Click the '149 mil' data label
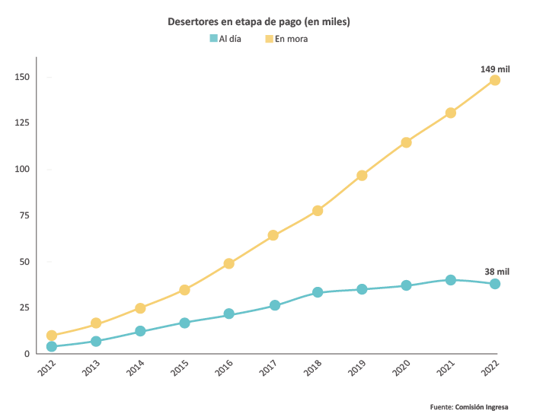click(x=495, y=69)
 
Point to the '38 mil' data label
click(x=497, y=272)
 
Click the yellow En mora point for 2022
click(x=495, y=80)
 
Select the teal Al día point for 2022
click(x=495, y=284)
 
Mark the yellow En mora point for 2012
click(x=52, y=336)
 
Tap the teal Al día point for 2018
click(x=318, y=292)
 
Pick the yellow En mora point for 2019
click(x=362, y=175)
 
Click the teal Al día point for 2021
click(x=451, y=280)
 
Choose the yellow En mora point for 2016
click(x=228, y=263)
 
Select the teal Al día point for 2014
click(x=140, y=331)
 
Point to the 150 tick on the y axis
click(x=21, y=77)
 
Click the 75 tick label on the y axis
click(x=24, y=215)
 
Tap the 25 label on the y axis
click(x=24, y=307)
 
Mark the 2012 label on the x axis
click(x=49, y=369)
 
